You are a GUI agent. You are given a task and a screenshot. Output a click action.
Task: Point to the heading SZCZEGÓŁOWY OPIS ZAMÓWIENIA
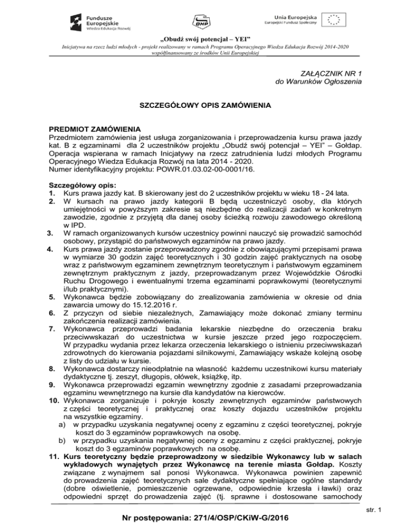[x=205, y=106]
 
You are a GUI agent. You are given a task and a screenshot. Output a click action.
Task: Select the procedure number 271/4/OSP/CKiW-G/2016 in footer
[x=239, y=518]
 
